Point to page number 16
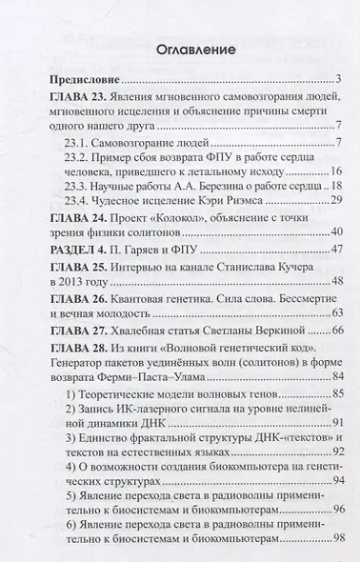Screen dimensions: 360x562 [x=336, y=170]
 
